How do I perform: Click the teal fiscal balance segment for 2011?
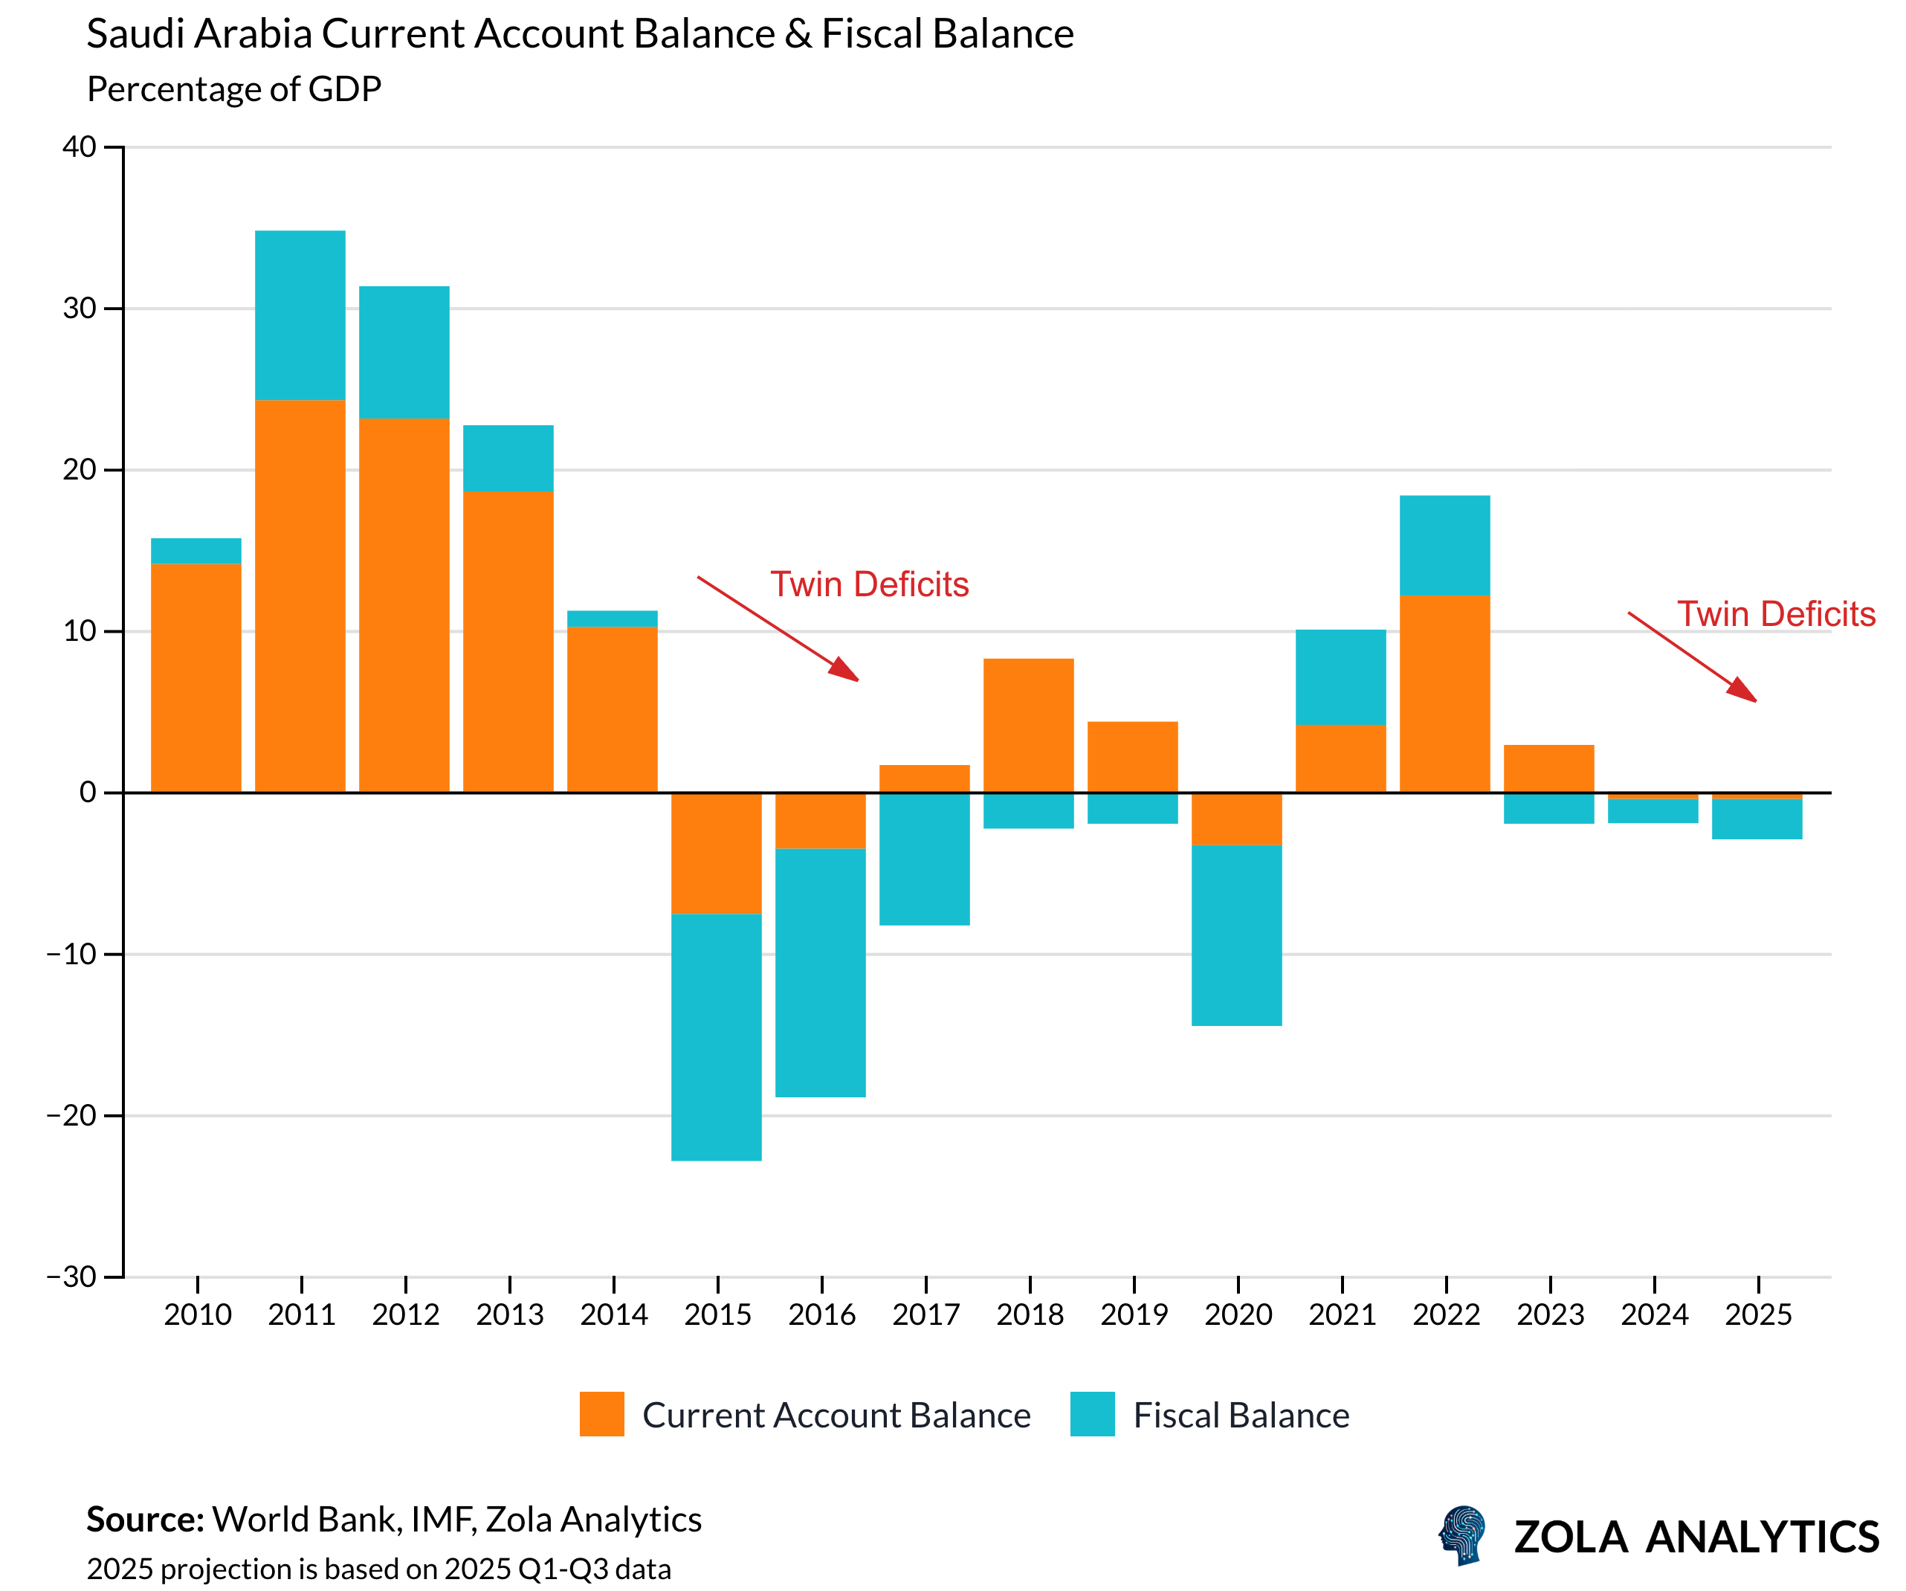[300, 315]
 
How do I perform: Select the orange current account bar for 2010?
[196, 678]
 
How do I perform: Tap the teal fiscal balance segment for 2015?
[716, 1036]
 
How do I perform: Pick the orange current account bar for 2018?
[1028, 725]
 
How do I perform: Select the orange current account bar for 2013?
[508, 641]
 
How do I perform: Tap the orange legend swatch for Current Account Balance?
[601, 1414]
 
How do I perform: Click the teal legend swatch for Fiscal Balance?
[1092, 1414]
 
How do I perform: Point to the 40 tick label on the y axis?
[79, 147]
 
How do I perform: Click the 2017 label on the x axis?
[925, 1314]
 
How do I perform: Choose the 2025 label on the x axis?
[1758, 1314]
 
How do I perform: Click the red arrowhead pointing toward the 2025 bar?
[1742, 691]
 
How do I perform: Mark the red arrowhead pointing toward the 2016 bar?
[845, 670]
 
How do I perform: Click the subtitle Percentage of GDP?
[234, 89]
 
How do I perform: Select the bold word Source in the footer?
[144, 1520]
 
